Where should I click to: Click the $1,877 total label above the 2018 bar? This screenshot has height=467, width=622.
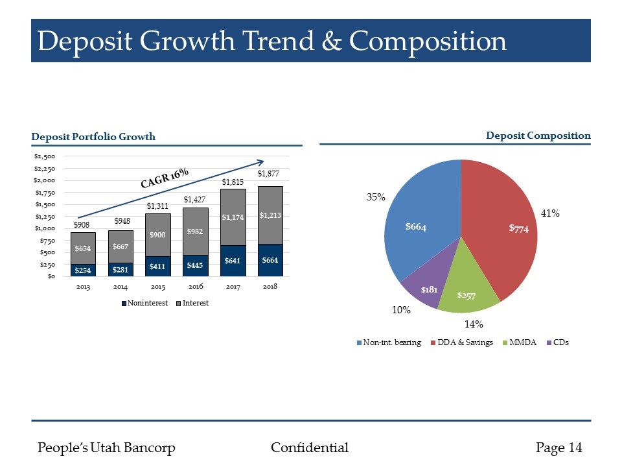(x=269, y=173)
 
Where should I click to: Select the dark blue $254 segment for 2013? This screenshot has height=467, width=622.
(x=83, y=270)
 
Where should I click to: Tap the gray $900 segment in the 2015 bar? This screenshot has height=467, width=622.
(x=157, y=235)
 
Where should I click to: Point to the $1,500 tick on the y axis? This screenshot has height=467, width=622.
(x=45, y=204)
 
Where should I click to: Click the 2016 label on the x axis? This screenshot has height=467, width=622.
(x=195, y=286)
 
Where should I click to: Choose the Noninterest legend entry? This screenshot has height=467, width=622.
(x=145, y=303)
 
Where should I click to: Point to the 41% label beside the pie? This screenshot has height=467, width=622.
(x=551, y=213)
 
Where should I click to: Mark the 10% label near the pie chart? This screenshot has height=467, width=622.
(x=402, y=310)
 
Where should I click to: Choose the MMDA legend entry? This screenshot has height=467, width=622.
(x=520, y=342)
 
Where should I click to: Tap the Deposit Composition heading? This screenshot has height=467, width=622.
(x=538, y=136)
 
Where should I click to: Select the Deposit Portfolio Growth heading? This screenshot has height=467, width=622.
(x=93, y=136)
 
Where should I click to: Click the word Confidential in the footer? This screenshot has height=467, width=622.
(x=309, y=448)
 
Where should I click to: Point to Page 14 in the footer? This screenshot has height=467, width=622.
(x=559, y=448)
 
